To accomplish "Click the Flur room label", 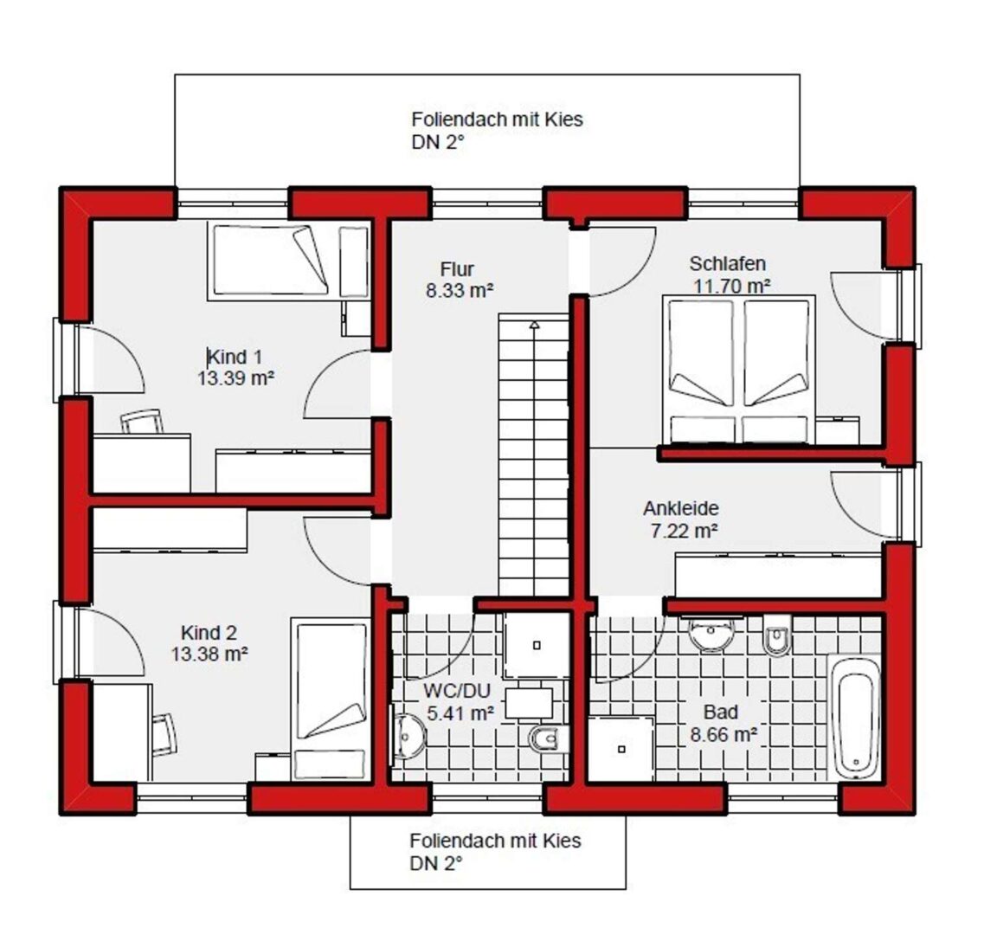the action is pos(457,269).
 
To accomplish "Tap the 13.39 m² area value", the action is pos(236,378).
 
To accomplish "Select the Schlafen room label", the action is pos(727,263).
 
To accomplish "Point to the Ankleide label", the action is pos(681,508).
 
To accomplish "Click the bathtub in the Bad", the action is pos(853,717).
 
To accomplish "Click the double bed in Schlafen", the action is pos(738,370).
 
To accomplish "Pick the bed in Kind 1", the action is pos(271,260).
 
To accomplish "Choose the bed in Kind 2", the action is pos(331,700).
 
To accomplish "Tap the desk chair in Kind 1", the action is pos(143,422).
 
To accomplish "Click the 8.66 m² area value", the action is pos(724,733).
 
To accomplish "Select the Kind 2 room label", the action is pos(209,632).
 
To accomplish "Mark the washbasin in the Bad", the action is pos(711,634).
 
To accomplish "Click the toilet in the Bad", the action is pos(777,635).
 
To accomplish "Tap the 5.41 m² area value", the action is pos(460,713).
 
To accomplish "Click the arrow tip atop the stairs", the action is pos(534,322).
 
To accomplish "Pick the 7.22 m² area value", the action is pos(684,531).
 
